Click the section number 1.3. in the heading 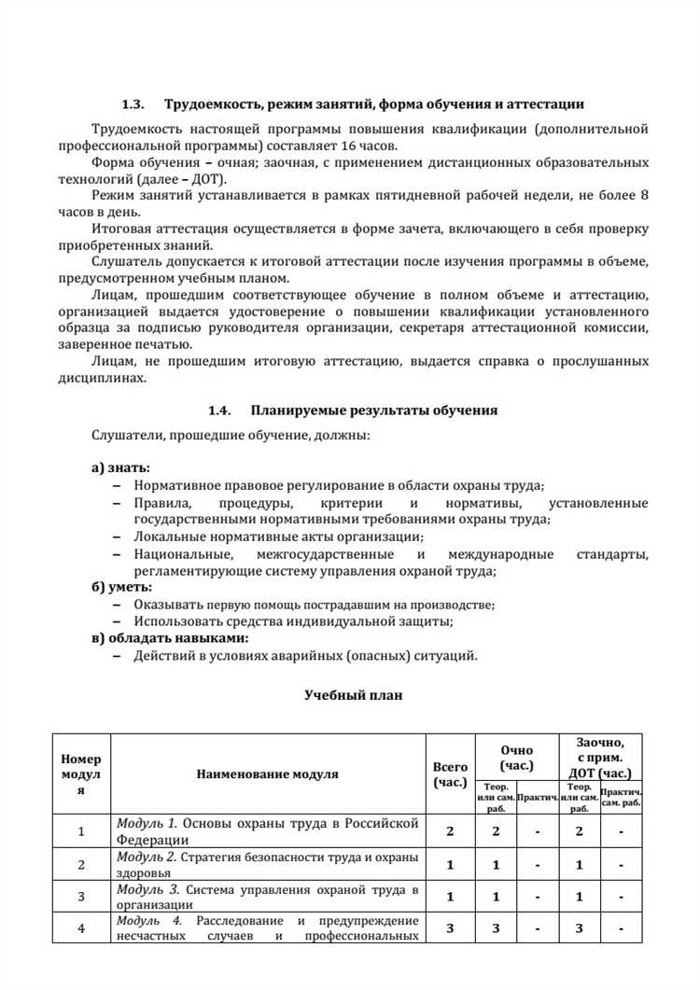point(135,105)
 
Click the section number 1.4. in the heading point(218,410)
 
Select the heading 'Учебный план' point(354,695)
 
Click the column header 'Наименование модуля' point(268,774)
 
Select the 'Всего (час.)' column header point(450,774)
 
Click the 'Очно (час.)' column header point(516,757)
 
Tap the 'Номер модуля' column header point(80,774)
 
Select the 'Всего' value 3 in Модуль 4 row point(450,928)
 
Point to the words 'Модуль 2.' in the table point(146,857)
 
